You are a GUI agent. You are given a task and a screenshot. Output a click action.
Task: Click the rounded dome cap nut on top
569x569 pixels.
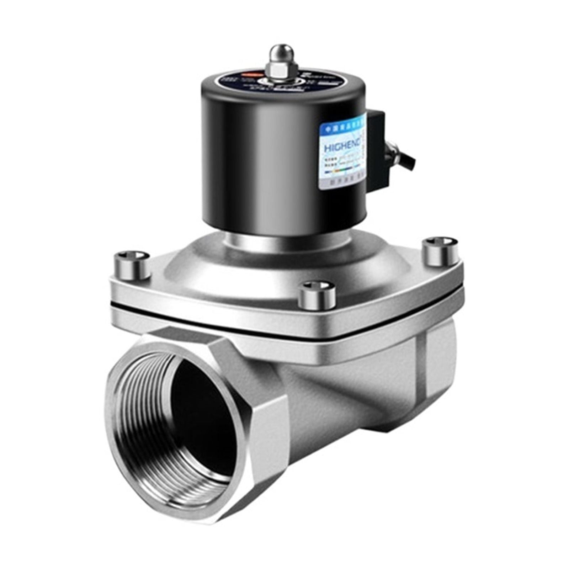coord(281,53)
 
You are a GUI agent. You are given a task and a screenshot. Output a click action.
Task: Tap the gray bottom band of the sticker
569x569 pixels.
coord(342,184)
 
